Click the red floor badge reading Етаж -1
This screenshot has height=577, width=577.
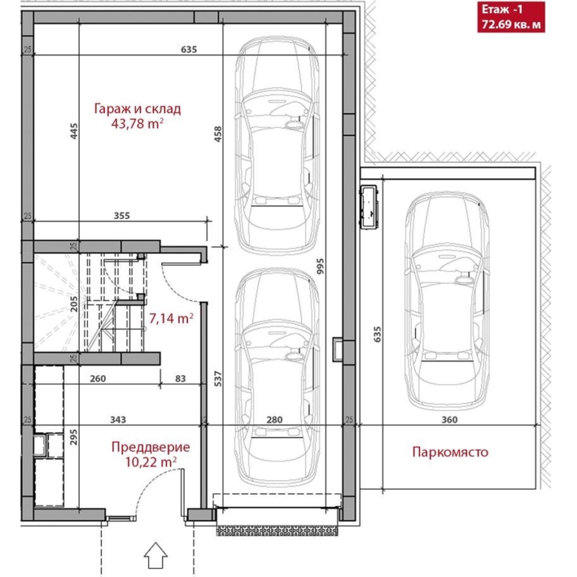(x=510, y=16)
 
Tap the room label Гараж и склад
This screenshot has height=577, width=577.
(x=138, y=109)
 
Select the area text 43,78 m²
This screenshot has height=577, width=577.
(x=138, y=124)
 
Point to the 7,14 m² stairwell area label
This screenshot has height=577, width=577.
(x=171, y=318)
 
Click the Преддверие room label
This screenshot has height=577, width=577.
(x=151, y=447)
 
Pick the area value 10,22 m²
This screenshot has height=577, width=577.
(x=151, y=462)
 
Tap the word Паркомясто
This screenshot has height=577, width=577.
(x=450, y=451)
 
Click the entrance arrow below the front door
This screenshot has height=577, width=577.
(x=155, y=555)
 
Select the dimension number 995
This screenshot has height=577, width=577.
(x=320, y=266)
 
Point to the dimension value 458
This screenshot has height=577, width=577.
(x=217, y=134)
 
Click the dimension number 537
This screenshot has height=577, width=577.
(x=217, y=379)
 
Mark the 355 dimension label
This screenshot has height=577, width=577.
(x=122, y=215)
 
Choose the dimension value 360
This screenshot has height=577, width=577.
(x=449, y=419)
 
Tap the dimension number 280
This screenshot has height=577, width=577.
(x=274, y=419)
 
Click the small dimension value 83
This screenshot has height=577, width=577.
(x=180, y=378)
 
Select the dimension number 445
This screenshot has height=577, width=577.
(x=74, y=131)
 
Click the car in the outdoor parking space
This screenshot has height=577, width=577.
(x=447, y=301)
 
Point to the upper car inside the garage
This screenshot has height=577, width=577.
(x=277, y=146)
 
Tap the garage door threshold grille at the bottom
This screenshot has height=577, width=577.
(x=277, y=530)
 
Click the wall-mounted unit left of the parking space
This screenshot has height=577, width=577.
(x=368, y=208)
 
